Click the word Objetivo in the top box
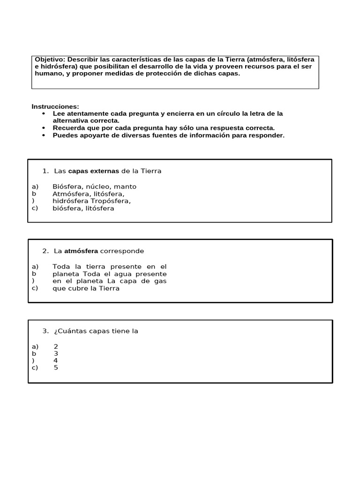[x=50, y=60]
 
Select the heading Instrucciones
[x=55, y=106]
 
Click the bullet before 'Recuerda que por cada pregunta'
[x=44, y=128]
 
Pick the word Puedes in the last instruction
[x=64, y=135]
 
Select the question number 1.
[x=45, y=171]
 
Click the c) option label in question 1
[x=35, y=208]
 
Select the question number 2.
[x=45, y=251]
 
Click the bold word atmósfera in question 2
[x=81, y=251]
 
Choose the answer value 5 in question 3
[x=56, y=367]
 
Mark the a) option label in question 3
[x=35, y=346]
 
